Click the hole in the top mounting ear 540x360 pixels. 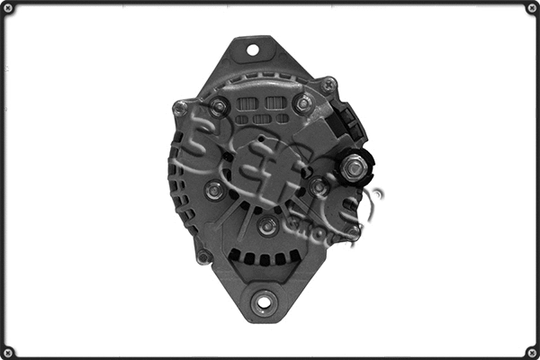coord(252,49)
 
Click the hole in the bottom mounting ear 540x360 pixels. coord(263,301)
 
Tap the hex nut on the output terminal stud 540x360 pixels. coord(355,166)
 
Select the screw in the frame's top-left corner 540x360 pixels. coord(8,8)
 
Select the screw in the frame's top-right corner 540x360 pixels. coord(531,8)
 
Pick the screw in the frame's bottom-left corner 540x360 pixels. coord(8,351)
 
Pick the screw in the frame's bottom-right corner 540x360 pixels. coord(531,351)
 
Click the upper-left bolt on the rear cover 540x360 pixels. coord(218,107)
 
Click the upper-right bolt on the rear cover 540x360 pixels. coord(303,103)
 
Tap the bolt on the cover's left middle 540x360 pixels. coord(213,190)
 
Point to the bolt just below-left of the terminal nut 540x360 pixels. coord(319,187)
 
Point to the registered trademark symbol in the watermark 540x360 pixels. coord(376,193)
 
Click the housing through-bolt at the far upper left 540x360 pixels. coord(181,108)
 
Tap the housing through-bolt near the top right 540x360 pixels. coord(328,85)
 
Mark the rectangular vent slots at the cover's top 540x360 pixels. coord(262,109)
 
